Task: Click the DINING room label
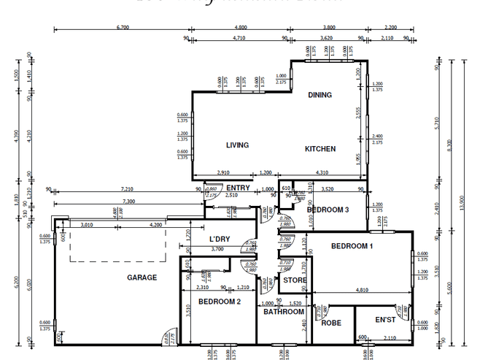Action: pyautogui.click(x=320, y=95)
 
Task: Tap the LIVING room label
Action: pyautogui.click(x=237, y=145)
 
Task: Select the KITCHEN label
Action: pyautogui.click(x=320, y=149)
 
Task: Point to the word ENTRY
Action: pyautogui.click(x=238, y=188)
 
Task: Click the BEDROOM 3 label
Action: pyautogui.click(x=328, y=210)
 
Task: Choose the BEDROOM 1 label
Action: pyautogui.click(x=352, y=246)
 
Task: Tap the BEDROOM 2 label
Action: pyautogui.click(x=219, y=302)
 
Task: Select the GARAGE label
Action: pyautogui.click(x=142, y=277)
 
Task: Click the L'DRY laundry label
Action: pyautogui.click(x=220, y=240)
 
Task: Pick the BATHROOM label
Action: pyautogui.click(x=284, y=312)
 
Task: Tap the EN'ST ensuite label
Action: pyautogui.click(x=384, y=320)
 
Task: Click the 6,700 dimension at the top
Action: pyautogui.click(x=123, y=27)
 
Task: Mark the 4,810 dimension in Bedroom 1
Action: pyautogui.click(x=361, y=290)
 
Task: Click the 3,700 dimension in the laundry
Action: pyautogui.click(x=217, y=249)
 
